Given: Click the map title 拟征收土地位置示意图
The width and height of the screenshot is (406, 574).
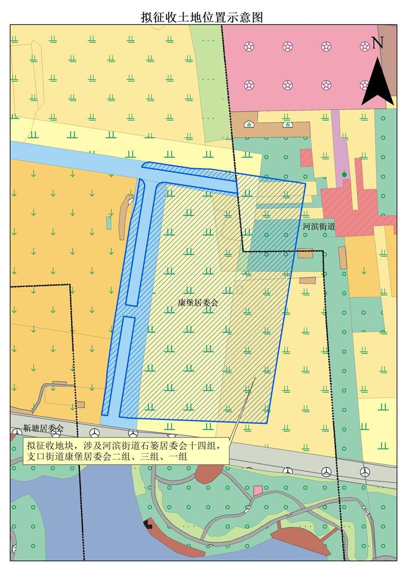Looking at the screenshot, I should pos(202,17).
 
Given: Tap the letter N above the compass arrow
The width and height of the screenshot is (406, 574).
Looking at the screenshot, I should pos(377,43).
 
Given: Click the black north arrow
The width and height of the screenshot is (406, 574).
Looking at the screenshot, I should pos(377,82).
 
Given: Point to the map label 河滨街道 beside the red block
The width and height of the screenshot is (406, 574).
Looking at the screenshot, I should pos(319,226).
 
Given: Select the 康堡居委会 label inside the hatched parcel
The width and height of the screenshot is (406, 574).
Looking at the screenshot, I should pos(194,302).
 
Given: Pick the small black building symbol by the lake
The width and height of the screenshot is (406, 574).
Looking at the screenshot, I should pos(148,523).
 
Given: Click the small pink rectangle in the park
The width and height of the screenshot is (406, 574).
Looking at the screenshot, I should pos(258,490).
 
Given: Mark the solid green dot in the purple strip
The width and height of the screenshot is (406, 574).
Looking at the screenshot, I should pos(345,175).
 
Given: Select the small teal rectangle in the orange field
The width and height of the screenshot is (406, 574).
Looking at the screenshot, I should pos(108,223).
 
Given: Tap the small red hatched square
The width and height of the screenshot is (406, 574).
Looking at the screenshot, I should pos(306,158).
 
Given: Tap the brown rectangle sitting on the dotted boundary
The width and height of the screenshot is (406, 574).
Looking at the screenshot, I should pos(305,253).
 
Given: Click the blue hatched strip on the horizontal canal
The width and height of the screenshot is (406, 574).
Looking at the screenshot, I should pos(189,171).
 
